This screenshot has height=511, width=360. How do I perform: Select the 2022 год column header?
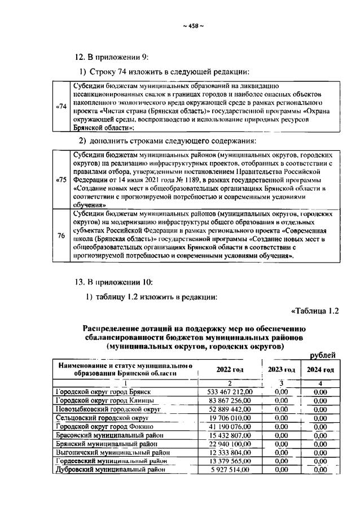pyautogui.click(x=230, y=369)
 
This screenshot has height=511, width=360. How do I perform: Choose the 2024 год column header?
pyautogui.click(x=320, y=369)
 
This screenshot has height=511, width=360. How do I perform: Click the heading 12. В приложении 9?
pyautogui.click(x=112, y=56)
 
